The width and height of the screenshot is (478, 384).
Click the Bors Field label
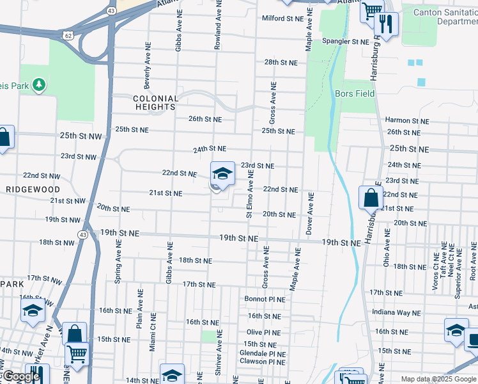click(355, 93)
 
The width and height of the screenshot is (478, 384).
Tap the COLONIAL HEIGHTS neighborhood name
click(155, 103)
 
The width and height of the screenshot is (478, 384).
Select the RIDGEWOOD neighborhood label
click(33, 190)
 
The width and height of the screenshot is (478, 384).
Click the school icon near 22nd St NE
click(222, 173)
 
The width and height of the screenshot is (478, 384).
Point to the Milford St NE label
click(282, 19)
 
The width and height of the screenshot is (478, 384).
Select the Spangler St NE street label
click(345, 42)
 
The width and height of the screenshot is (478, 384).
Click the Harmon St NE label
click(407, 120)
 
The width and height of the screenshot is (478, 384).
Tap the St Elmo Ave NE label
click(250, 193)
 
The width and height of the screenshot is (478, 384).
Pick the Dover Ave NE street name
click(309, 214)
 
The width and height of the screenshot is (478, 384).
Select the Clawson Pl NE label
click(262, 362)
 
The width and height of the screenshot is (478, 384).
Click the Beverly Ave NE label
click(148, 70)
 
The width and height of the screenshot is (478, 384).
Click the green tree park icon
click(39, 84)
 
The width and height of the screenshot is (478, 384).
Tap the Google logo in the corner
click(21, 376)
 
